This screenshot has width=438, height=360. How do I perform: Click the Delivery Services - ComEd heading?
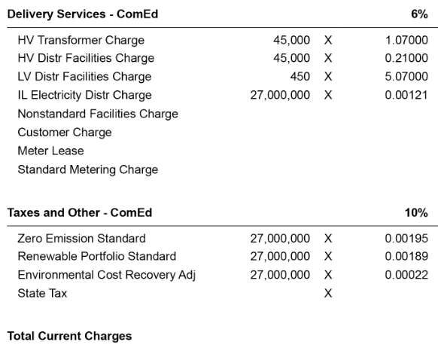point(83,14)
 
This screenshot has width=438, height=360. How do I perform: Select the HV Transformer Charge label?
point(81,40)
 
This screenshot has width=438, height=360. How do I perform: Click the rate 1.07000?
point(406,40)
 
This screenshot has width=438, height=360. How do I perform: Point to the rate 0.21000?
point(406,58)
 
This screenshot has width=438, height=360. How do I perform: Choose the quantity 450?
point(300,77)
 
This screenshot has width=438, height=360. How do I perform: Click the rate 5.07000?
point(406,77)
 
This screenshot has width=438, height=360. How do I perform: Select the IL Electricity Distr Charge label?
point(84,95)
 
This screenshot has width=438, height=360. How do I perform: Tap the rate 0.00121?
point(406,95)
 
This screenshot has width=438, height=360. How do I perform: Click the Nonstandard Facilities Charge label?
point(98,114)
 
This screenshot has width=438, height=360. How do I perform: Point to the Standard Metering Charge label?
point(87,169)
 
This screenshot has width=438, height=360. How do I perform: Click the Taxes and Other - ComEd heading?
point(79,213)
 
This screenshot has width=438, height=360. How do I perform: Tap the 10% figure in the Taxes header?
point(417,213)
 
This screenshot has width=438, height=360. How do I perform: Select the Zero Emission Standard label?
point(81,238)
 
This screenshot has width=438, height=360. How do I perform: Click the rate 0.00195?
point(406,238)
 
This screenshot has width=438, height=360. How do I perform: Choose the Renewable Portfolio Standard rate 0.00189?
point(406,256)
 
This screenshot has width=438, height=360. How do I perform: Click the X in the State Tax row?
point(328,294)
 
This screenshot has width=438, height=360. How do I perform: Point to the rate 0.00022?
point(406,275)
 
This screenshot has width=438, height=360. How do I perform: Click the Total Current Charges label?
point(69,336)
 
